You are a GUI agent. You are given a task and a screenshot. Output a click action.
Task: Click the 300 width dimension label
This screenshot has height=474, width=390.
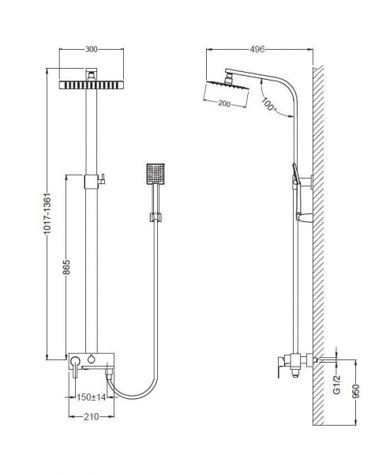click(91, 49)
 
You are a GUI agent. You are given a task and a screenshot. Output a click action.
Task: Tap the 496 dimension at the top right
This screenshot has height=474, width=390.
click(257, 49)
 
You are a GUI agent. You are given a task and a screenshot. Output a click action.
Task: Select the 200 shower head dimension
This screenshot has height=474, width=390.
click(224, 103)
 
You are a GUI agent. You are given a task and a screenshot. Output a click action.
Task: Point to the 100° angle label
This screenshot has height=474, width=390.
click(268, 103)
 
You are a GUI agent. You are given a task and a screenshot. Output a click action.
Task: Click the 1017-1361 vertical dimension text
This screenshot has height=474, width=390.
click(47, 214)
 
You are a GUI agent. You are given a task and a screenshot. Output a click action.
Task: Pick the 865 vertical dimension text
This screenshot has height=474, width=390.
click(66, 267)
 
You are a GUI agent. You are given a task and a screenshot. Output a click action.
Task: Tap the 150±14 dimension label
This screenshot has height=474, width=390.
click(91, 397)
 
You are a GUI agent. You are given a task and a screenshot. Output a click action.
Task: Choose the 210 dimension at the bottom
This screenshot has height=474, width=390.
click(92, 417)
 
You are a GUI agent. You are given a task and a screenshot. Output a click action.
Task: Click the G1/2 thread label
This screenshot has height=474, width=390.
click(336, 385)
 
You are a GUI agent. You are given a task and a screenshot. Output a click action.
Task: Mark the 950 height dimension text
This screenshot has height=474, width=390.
click(357, 392)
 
